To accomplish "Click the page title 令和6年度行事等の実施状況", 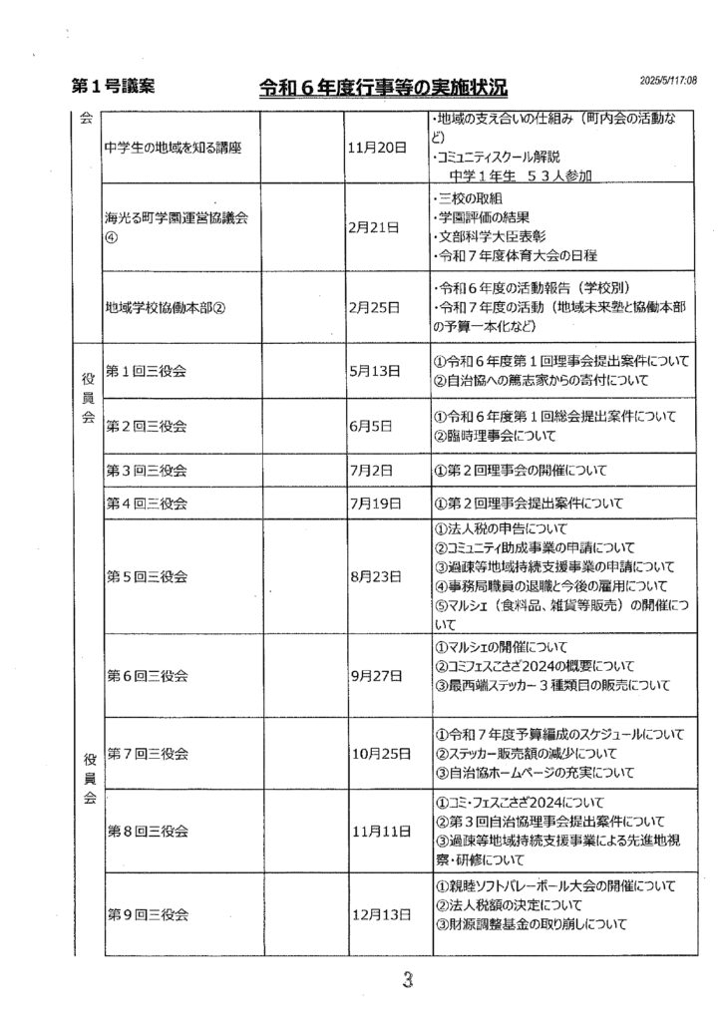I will (x=383, y=89).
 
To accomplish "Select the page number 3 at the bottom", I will (x=406, y=980).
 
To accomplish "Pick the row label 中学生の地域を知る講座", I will (x=175, y=148).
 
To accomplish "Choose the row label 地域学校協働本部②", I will (x=167, y=307).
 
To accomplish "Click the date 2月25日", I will (x=374, y=307).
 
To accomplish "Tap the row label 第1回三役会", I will (x=147, y=370).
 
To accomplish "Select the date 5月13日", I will (x=374, y=370).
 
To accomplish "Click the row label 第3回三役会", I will (x=147, y=470).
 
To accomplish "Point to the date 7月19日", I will (x=374, y=505).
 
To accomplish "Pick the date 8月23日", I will (x=374, y=576).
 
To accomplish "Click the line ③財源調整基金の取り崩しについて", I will (x=530, y=924).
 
